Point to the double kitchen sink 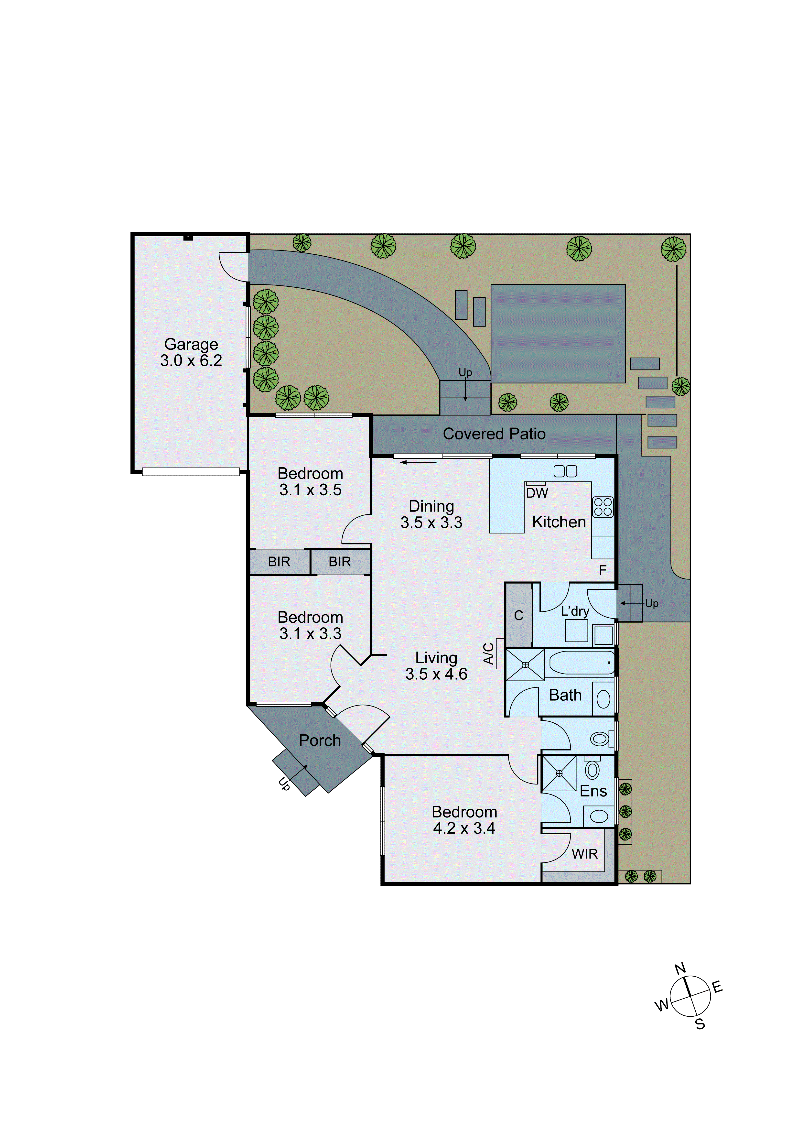[x=566, y=471]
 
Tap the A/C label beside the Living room [x=489, y=654]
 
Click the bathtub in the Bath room [x=582, y=663]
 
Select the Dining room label [x=431, y=506]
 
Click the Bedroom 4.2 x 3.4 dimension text [x=464, y=828]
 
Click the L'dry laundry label [x=575, y=611]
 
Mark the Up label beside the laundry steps [x=652, y=603]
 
